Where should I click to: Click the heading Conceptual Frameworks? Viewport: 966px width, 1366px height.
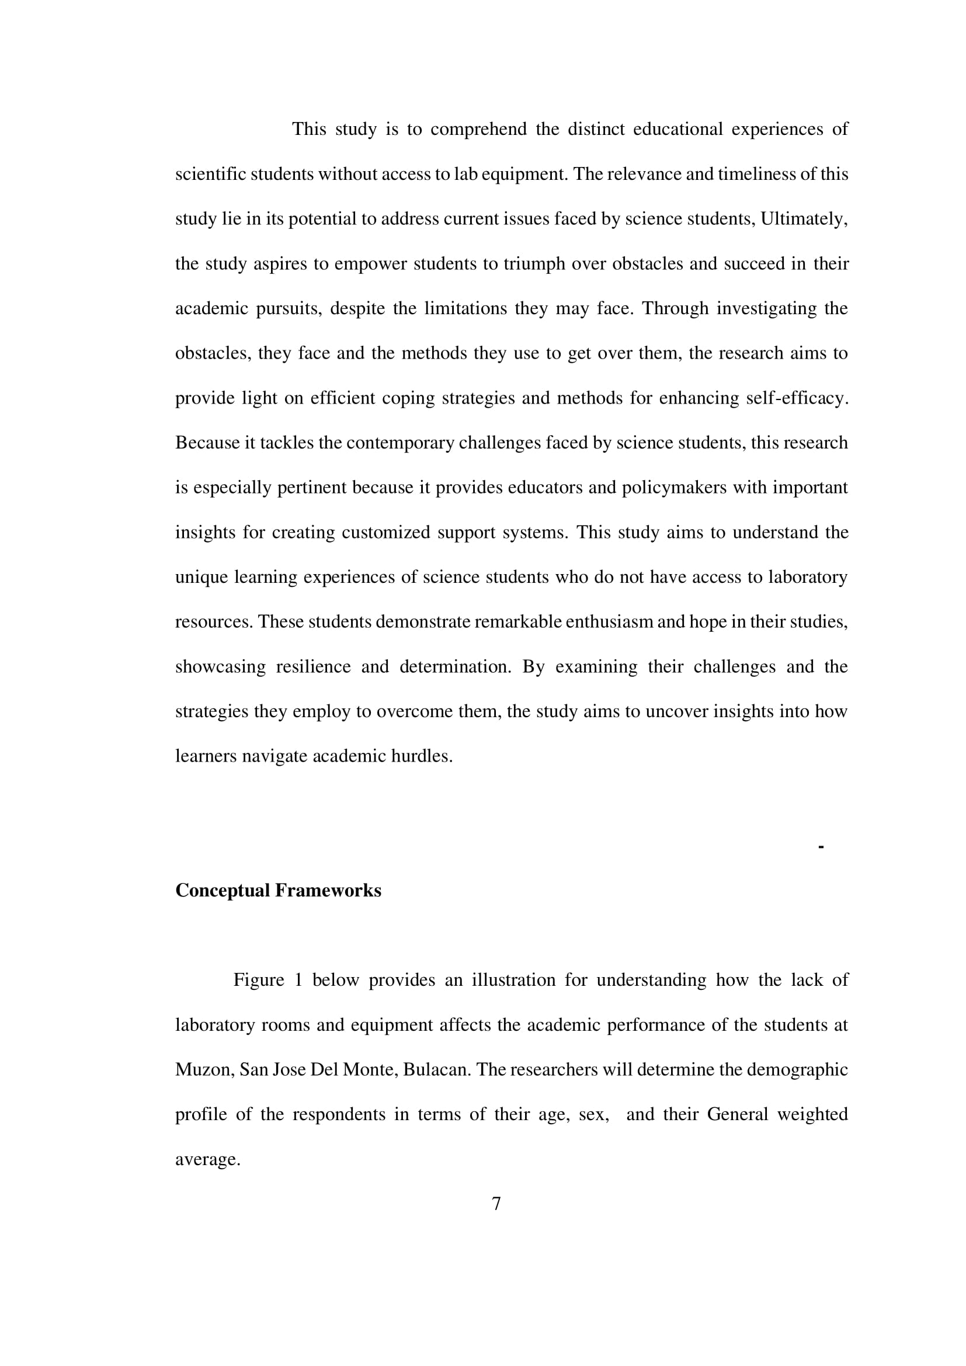coord(278,891)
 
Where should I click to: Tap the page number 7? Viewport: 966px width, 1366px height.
coord(496,1204)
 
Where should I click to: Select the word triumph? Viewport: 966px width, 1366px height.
coord(534,263)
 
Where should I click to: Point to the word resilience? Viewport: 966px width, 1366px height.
coord(313,666)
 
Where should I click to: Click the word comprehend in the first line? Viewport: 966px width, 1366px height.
coord(478,129)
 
